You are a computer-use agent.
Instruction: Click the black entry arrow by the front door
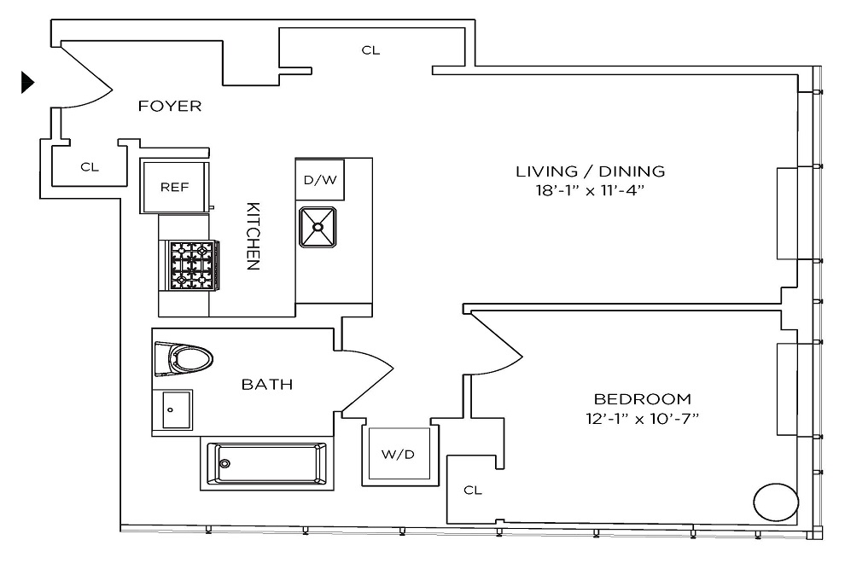point(27,83)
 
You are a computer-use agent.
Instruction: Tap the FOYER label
point(170,106)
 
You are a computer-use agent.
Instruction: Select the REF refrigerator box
point(174,187)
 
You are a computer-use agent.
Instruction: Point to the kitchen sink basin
point(318,228)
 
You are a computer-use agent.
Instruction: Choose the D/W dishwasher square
point(320,180)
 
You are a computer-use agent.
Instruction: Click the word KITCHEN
point(253,236)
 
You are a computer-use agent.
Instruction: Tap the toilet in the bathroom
point(184,358)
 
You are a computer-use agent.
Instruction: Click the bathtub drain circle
point(224,463)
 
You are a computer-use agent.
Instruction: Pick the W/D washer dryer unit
point(399,454)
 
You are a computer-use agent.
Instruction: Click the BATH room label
point(267,385)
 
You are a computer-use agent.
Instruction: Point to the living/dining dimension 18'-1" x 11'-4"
point(590,191)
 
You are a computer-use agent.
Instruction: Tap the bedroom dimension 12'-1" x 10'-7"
point(643,419)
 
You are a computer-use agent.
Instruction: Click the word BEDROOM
point(643,399)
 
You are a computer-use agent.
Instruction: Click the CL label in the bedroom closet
point(473,490)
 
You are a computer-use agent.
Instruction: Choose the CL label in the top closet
point(370,50)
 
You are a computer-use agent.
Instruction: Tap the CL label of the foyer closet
point(90,167)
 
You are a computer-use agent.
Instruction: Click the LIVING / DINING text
point(590,171)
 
